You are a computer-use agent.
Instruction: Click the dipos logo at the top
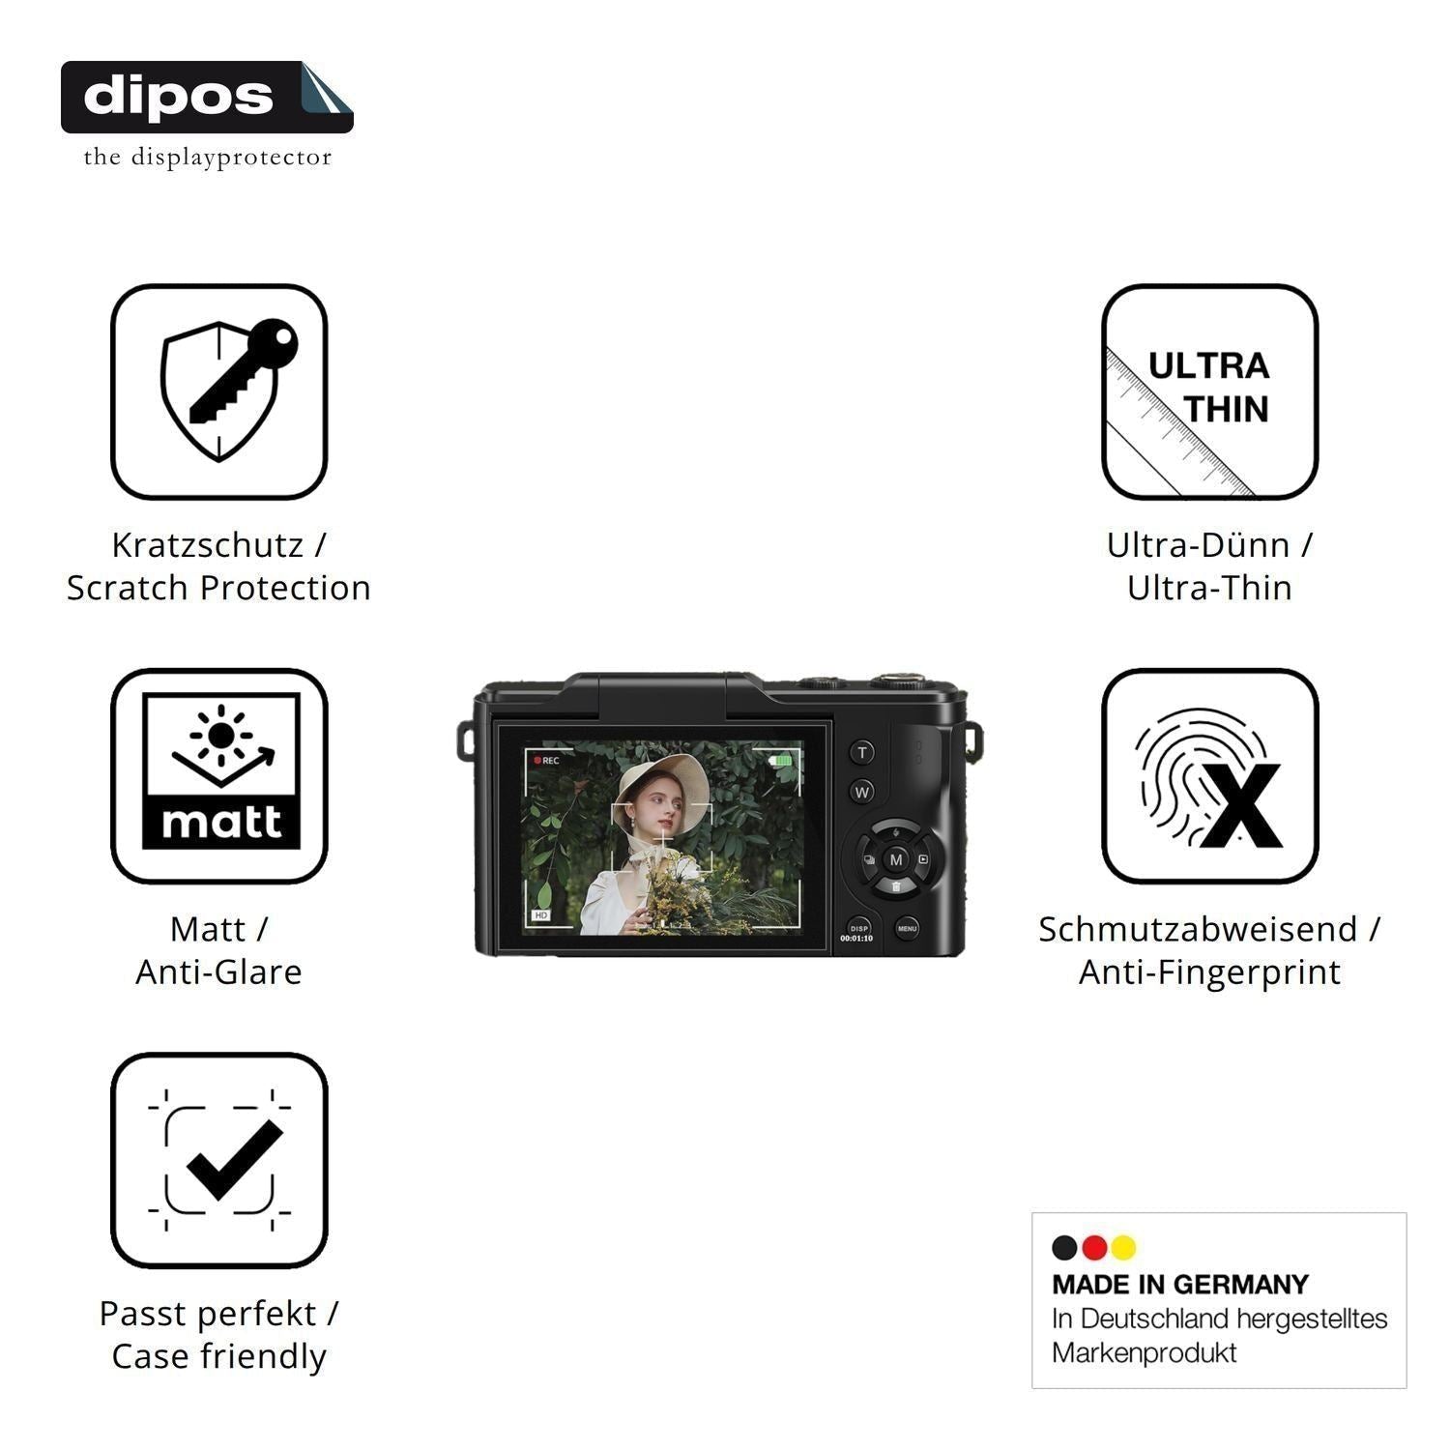click(207, 97)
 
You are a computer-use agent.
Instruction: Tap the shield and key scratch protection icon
click(219, 391)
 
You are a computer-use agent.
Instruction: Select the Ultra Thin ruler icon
click(1209, 391)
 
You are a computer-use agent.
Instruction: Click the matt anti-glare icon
click(219, 775)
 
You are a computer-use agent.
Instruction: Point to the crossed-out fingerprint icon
click(1209, 775)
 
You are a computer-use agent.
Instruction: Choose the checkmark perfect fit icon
click(219, 1160)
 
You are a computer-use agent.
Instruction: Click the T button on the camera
click(862, 752)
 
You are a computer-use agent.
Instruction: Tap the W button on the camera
click(862, 792)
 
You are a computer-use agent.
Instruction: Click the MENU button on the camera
click(907, 929)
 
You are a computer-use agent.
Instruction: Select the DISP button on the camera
click(858, 930)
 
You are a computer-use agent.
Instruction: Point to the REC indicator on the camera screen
click(546, 761)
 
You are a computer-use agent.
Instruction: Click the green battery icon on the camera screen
click(781, 761)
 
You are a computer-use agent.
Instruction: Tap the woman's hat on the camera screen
click(666, 780)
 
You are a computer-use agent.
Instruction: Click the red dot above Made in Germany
click(1094, 1248)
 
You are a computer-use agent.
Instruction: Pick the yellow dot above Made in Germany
click(1123, 1248)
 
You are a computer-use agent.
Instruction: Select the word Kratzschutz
click(207, 545)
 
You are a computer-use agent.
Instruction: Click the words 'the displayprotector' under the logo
click(207, 158)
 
